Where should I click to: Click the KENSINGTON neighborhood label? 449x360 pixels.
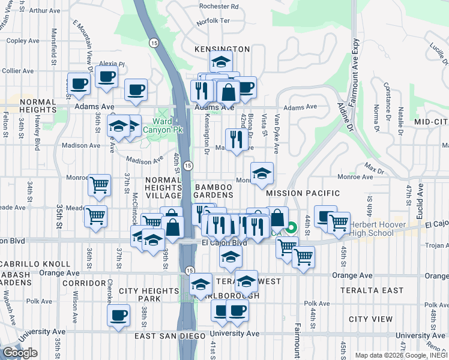222,49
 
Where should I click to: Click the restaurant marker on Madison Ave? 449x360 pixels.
236,139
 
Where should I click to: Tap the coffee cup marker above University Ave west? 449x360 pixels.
118,314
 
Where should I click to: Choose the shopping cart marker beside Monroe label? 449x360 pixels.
100,185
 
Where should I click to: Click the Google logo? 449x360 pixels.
20,353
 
